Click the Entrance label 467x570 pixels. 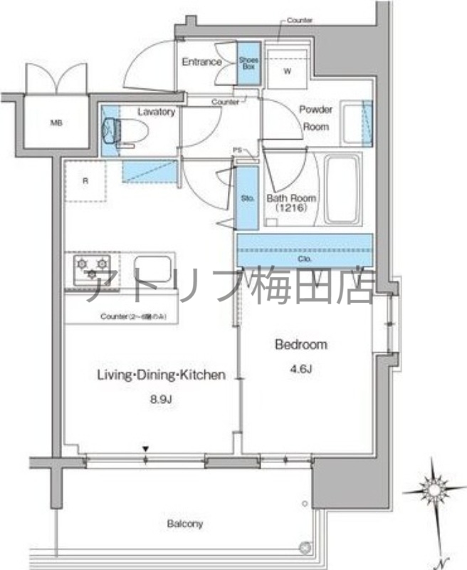tap(201, 62)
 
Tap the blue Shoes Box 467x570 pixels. tap(248, 63)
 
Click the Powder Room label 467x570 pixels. tap(315, 118)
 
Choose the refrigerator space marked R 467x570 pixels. tap(85, 181)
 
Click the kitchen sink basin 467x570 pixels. tap(150, 269)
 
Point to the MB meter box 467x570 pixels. tap(56, 122)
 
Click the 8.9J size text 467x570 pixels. tap(162, 399)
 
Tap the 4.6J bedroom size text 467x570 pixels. tap(301, 370)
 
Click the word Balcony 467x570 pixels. tap(185, 524)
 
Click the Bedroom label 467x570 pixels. tap(301, 345)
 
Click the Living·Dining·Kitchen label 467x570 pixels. tap(162, 374)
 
